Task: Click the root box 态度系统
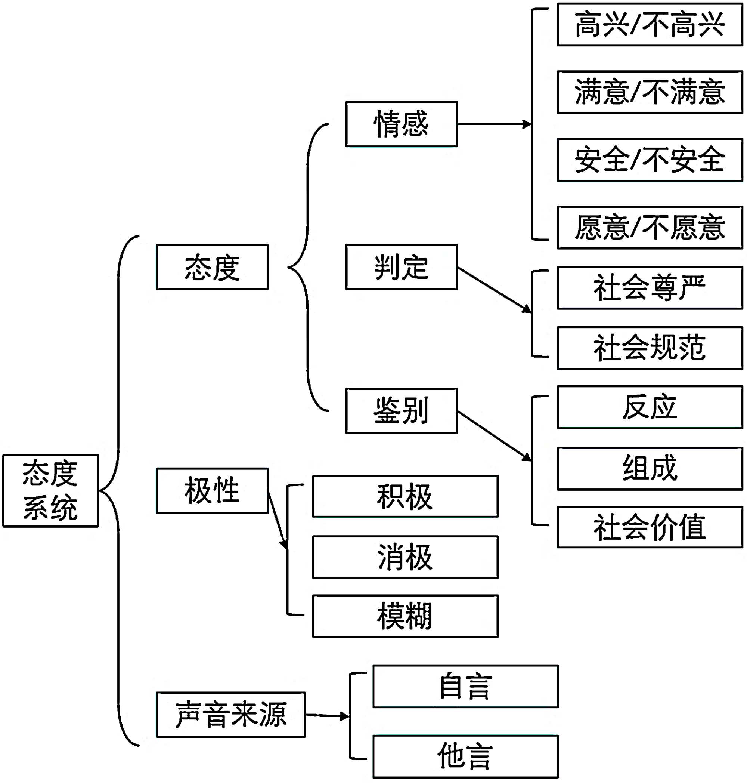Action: pos(50,490)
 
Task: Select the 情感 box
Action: pos(402,124)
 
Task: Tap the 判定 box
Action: pos(402,267)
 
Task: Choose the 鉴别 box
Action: pos(402,410)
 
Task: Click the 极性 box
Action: pos(212,490)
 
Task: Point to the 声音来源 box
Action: pos(230,715)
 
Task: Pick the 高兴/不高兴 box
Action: pos(650,25)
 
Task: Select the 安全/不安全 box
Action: pos(650,160)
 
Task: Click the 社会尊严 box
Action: pos(650,288)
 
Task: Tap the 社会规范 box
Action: pos(650,348)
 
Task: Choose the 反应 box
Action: pos(650,407)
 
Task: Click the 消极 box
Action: pos(405,557)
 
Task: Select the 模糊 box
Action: pos(405,616)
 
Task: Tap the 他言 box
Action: pos(465,756)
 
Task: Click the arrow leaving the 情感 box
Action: pos(494,124)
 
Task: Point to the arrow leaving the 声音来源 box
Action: pos(327,716)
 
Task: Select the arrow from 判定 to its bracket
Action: pos(494,290)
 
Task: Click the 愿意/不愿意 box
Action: pos(650,228)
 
